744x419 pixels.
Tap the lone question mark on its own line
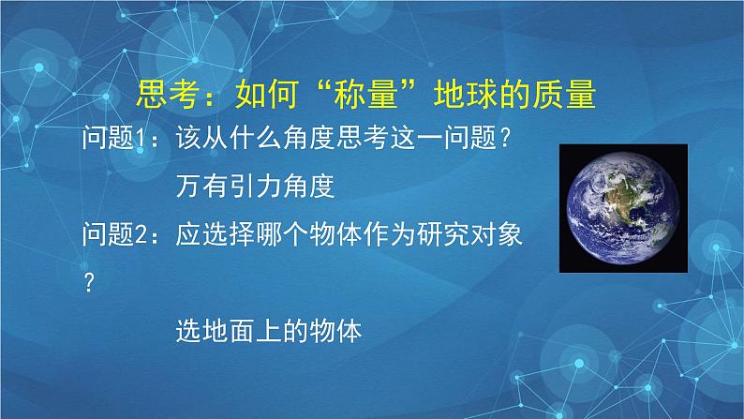90,284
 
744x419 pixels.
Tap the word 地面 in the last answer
228,331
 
